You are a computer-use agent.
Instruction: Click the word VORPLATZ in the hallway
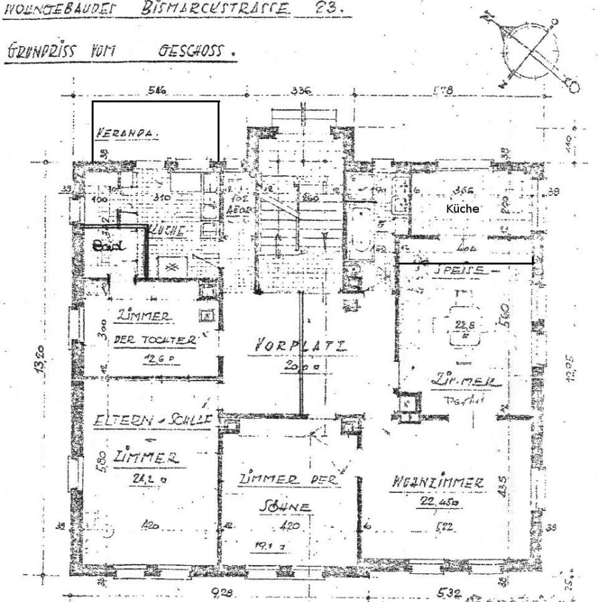[x=300, y=346]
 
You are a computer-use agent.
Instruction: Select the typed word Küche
[x=463, y=209]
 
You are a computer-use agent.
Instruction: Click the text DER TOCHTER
[x=155, y=339]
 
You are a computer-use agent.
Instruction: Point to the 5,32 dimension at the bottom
[x=447, y=592]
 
